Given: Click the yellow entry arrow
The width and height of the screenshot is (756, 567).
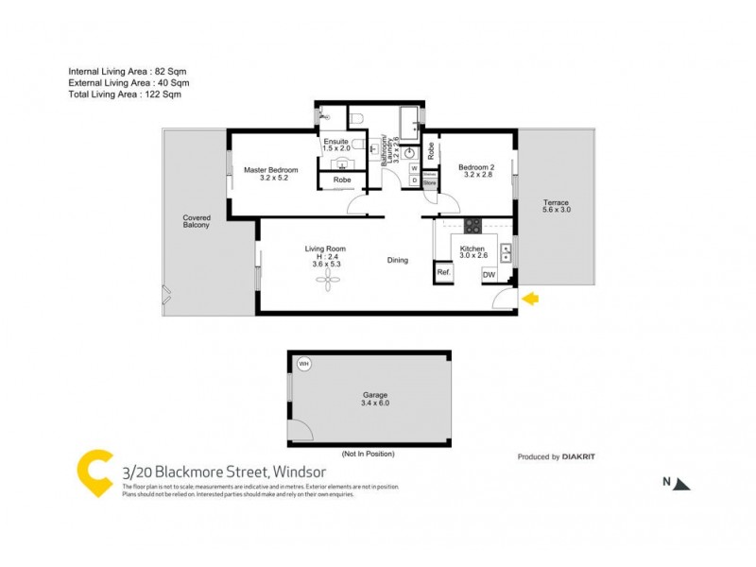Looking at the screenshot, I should tap(531, 299).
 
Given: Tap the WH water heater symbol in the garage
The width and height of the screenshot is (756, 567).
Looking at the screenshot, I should tap(304, 363).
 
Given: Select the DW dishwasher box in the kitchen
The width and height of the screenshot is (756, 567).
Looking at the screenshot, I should tap(490, 274).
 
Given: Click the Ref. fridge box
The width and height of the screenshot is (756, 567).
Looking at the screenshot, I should tap(443, 272).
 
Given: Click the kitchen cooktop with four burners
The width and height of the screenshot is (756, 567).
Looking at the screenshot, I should tap(472, 227).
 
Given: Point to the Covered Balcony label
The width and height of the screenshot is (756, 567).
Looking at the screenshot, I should tap(196, 221).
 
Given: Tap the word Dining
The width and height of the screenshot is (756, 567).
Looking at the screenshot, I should tap(398, 260).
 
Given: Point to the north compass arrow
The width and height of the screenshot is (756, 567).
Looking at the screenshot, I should tap(683, 483).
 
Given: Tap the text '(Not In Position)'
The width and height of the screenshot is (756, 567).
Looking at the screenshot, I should tap(368, 454).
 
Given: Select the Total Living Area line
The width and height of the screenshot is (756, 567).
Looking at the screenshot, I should tap(124, 94).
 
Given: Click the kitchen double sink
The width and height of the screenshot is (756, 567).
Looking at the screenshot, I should tap(506, 252).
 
